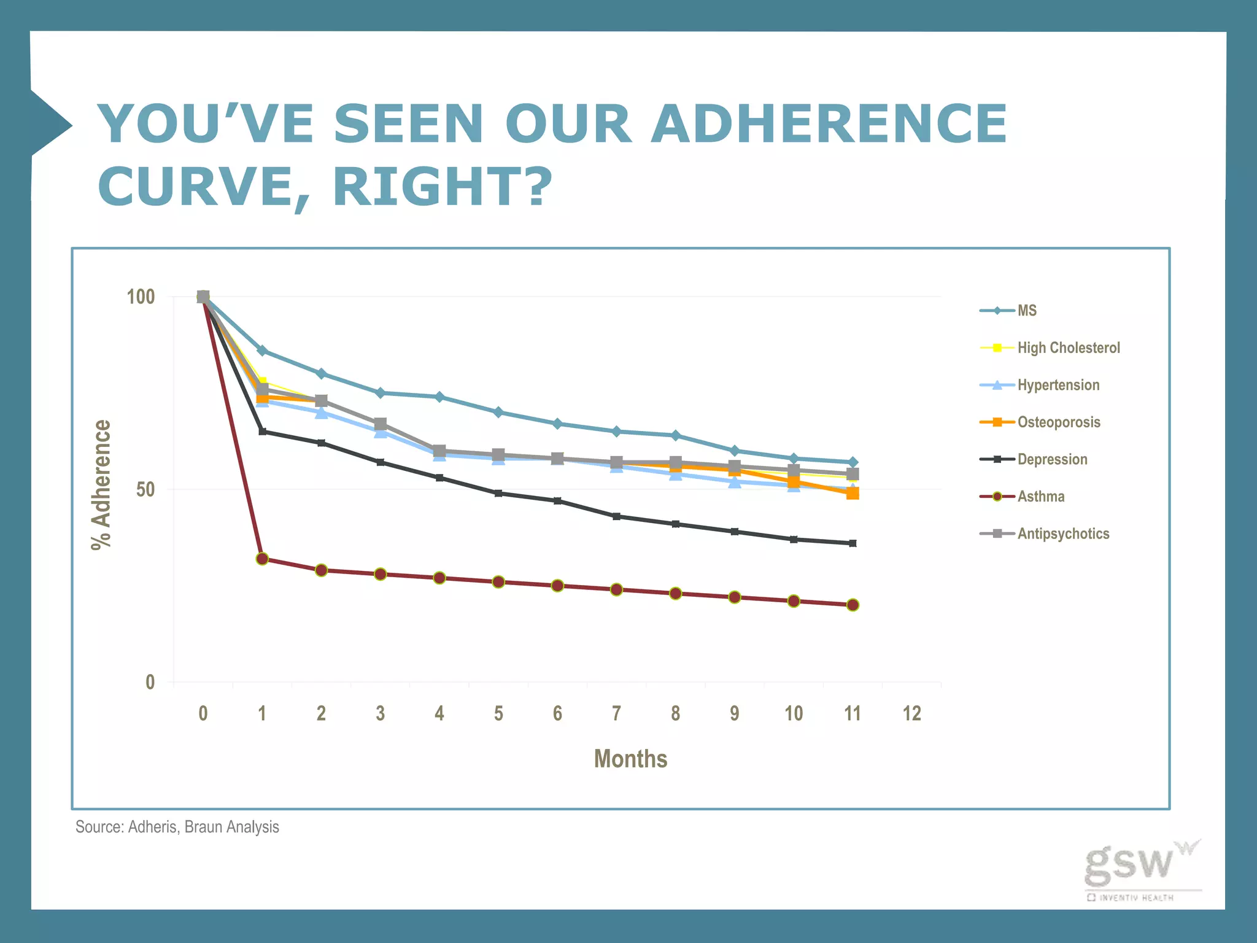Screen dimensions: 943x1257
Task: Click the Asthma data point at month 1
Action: [x=262, y=559]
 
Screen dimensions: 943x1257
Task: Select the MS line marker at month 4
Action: [x=439, y=397]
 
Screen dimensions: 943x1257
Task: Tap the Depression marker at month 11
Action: [x=853, y=543]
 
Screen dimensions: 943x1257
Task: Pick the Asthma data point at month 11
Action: [x=853, y=605]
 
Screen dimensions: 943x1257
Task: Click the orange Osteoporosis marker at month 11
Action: [x=853, y=493]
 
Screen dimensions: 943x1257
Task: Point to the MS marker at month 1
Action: [x=262, y=351]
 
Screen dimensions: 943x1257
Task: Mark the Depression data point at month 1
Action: [x=262, y=432]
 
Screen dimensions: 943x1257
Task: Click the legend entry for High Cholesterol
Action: [x=1068, y=347]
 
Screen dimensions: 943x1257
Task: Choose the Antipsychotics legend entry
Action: [x=1063, y=534]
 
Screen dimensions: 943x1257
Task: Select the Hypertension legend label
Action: [x=1058, y=385]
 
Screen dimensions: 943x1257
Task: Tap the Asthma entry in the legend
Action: [x=1041, y=496]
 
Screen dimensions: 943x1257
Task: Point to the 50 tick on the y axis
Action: [x=145, y=490]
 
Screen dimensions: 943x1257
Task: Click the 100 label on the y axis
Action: [x=141, y=297]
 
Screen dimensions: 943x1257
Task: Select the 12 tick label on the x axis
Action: [x=911, y=713]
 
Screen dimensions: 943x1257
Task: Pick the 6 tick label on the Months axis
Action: [x=557, y=713]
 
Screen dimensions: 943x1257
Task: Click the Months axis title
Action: [x=630, y=759]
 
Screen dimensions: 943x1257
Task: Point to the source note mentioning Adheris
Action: [x=177, y=827]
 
